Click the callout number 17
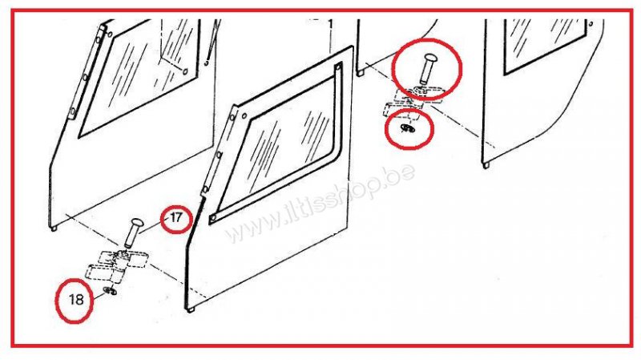[x=175, y=217]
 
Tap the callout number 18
[x=76, y=299]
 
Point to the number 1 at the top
[x=330, y=24]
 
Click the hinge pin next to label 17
[x=132, y=233]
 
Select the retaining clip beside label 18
[x=111, y=290]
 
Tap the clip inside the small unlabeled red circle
[x=407, y=129]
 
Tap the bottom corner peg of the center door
[x=191, y=309]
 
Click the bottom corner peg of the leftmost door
[x=54, y=228]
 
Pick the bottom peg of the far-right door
[x=486, y=165]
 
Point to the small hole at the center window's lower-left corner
[x=213, y=218]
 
